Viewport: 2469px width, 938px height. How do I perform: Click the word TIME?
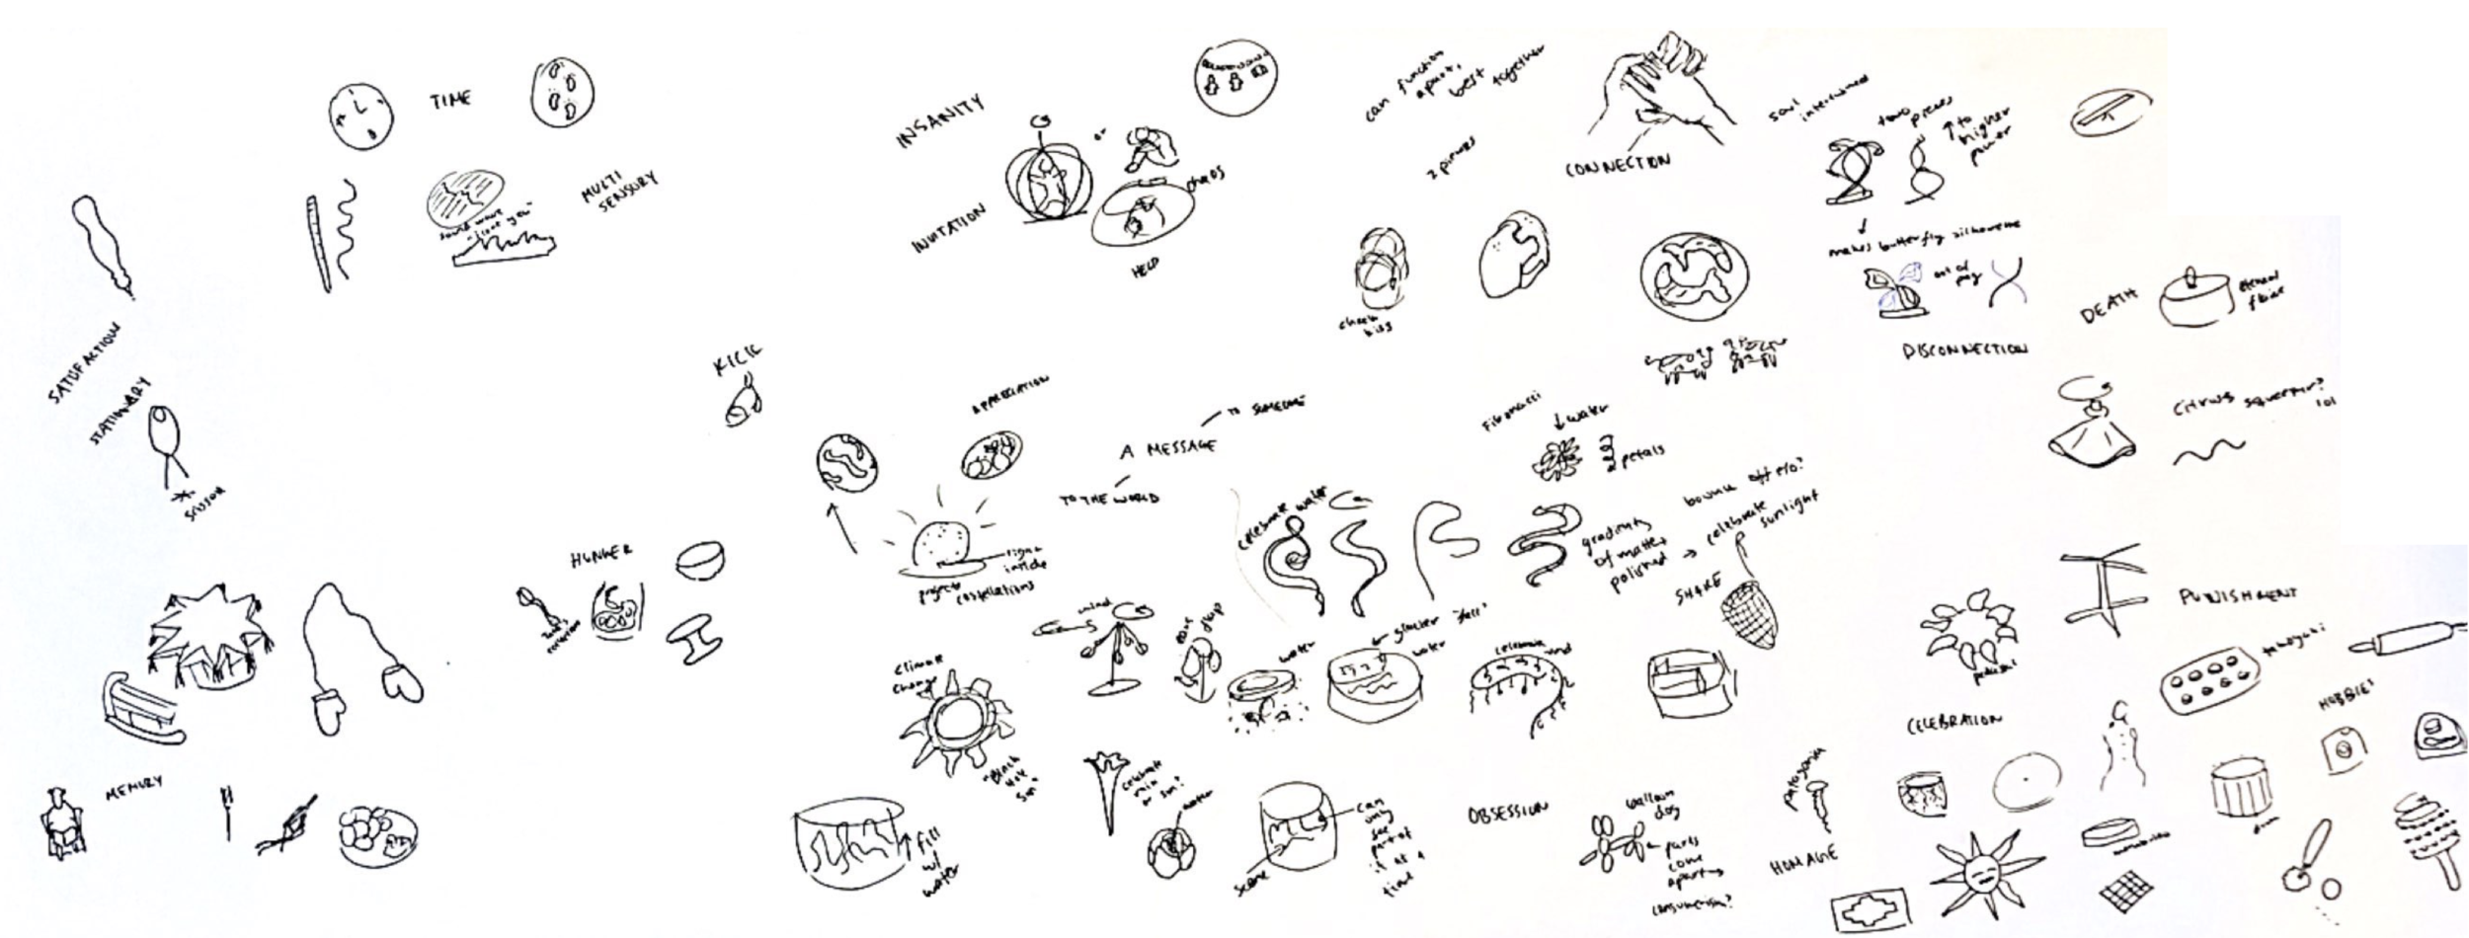coord(450,100)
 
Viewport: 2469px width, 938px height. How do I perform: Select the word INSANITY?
coord(939,122)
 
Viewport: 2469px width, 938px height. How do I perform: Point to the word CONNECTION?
coord(1617,164)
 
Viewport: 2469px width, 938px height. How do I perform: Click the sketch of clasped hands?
coord(1659,89)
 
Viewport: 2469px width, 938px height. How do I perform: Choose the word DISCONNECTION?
coord(1964,350)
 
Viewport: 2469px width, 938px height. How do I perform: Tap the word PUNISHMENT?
coord(2236,595)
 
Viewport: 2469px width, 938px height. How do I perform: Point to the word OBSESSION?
coord(1505,811)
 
